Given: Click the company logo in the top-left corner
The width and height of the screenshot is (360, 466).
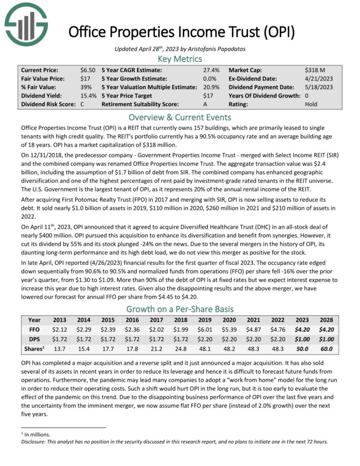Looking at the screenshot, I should coord(26,25).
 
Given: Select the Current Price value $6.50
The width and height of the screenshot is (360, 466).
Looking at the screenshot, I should coord(87,70).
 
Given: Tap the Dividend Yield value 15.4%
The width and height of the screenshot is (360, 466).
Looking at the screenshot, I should coord(88,96).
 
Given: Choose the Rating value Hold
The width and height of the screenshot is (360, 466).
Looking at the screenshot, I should coord(311,104).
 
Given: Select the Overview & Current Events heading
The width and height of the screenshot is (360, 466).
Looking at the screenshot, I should coord(180,117).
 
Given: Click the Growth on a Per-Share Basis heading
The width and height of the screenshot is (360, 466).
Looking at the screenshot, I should coord(180,309).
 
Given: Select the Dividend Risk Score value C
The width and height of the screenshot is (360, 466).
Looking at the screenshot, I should coord(82,104).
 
